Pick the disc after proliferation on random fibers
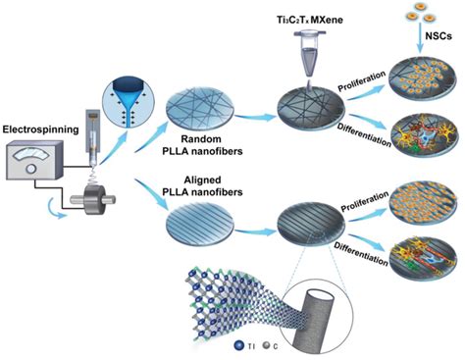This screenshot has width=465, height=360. pos(416,86)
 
